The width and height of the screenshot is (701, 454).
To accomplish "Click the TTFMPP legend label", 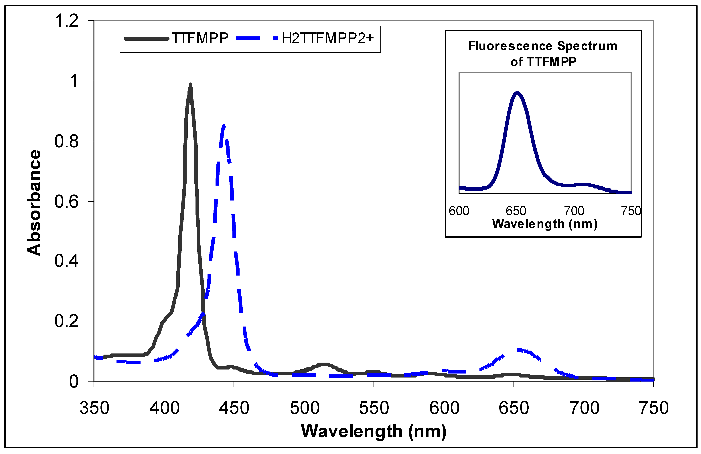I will coord(200,38).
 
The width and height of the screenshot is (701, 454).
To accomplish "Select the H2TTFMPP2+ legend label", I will coord(327,38).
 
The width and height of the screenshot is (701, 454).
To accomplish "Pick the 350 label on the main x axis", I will coord(94,408).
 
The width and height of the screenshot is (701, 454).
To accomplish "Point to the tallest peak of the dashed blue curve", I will coord(224,126).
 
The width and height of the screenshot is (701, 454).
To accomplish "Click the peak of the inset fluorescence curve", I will coord(517,93).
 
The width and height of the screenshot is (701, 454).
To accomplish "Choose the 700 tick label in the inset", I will coord(574,211).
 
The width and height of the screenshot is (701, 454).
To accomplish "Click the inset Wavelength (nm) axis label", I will coord(545,224).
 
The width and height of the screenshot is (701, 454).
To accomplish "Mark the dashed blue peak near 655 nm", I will coord(520,350).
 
